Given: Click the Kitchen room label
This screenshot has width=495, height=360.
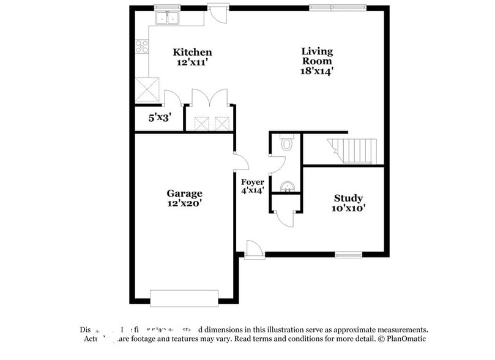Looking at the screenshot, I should [192, 53].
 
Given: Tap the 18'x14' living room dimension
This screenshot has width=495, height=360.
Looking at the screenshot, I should [316, 71].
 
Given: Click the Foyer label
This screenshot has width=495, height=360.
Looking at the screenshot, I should [252, 182].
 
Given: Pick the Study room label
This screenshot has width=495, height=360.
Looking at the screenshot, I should [348, 198].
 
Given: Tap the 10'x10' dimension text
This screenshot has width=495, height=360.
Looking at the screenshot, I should [348, 208].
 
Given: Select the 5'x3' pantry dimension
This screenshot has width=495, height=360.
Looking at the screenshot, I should [159, 118].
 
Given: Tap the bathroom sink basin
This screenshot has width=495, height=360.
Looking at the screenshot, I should [286, 186].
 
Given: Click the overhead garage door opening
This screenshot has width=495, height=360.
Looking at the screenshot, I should [184, 299].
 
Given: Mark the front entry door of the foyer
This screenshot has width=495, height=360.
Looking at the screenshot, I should [254, 250].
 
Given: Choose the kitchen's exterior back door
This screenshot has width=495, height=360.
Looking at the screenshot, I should [217, 12].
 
